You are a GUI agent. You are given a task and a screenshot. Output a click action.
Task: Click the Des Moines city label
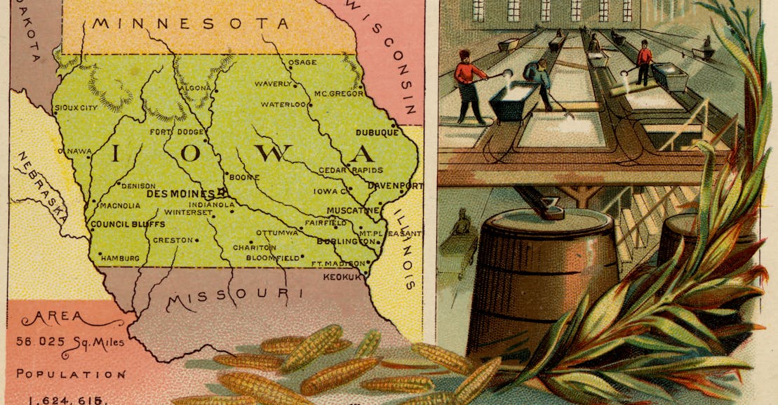(x=180, y=193)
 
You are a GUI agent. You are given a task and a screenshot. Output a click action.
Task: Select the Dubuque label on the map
(x=377, y=131)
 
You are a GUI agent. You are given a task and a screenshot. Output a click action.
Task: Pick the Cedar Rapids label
(x=351, y=171)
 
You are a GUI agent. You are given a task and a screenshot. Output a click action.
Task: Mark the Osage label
(x=303, y=62)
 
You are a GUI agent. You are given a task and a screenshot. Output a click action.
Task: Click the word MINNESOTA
(x=190, y=24)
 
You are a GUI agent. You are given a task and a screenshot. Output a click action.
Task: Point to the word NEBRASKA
(x=43, y=185)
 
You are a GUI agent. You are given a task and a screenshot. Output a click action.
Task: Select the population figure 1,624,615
(x=67, y=400)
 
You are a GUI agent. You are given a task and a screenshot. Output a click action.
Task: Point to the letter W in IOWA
(x=279, y=153)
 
